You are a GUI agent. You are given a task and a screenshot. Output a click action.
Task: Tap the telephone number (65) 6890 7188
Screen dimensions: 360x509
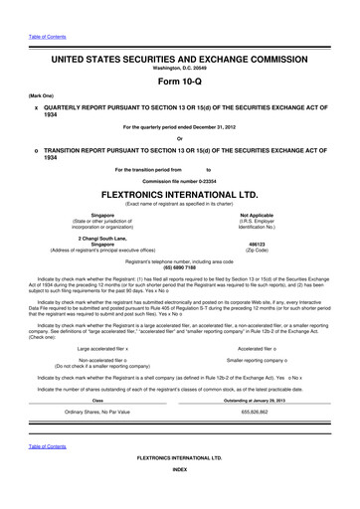180,267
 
